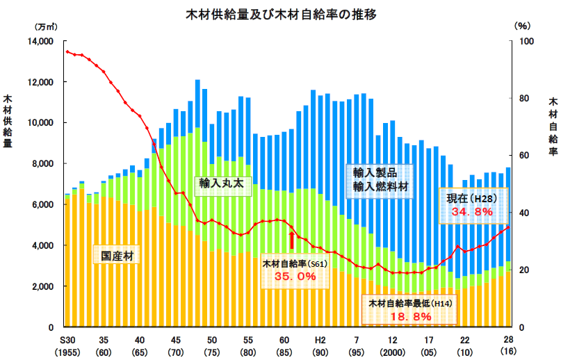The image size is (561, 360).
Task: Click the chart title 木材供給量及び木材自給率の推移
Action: (x=281, y=14)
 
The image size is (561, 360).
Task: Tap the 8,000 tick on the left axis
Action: (x=42, y=164)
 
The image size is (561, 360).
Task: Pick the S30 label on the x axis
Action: (x=67, y=341)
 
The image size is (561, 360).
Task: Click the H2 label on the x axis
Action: (x=320, y=341)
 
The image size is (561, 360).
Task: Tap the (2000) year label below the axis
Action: (x=393, y=352)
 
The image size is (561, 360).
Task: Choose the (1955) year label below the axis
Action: (x=67, y=352)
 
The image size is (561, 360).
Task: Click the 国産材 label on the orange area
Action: (x=116, y=256)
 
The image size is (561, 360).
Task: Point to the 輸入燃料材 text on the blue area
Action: (x=380, y=186)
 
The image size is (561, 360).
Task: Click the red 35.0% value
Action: (x=295, y=277)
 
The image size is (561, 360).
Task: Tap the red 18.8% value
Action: (x=410, y=316)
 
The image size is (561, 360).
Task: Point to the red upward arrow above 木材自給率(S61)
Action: (x=291, y=240)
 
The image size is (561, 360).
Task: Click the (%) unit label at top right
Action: (x=522, y=26)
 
